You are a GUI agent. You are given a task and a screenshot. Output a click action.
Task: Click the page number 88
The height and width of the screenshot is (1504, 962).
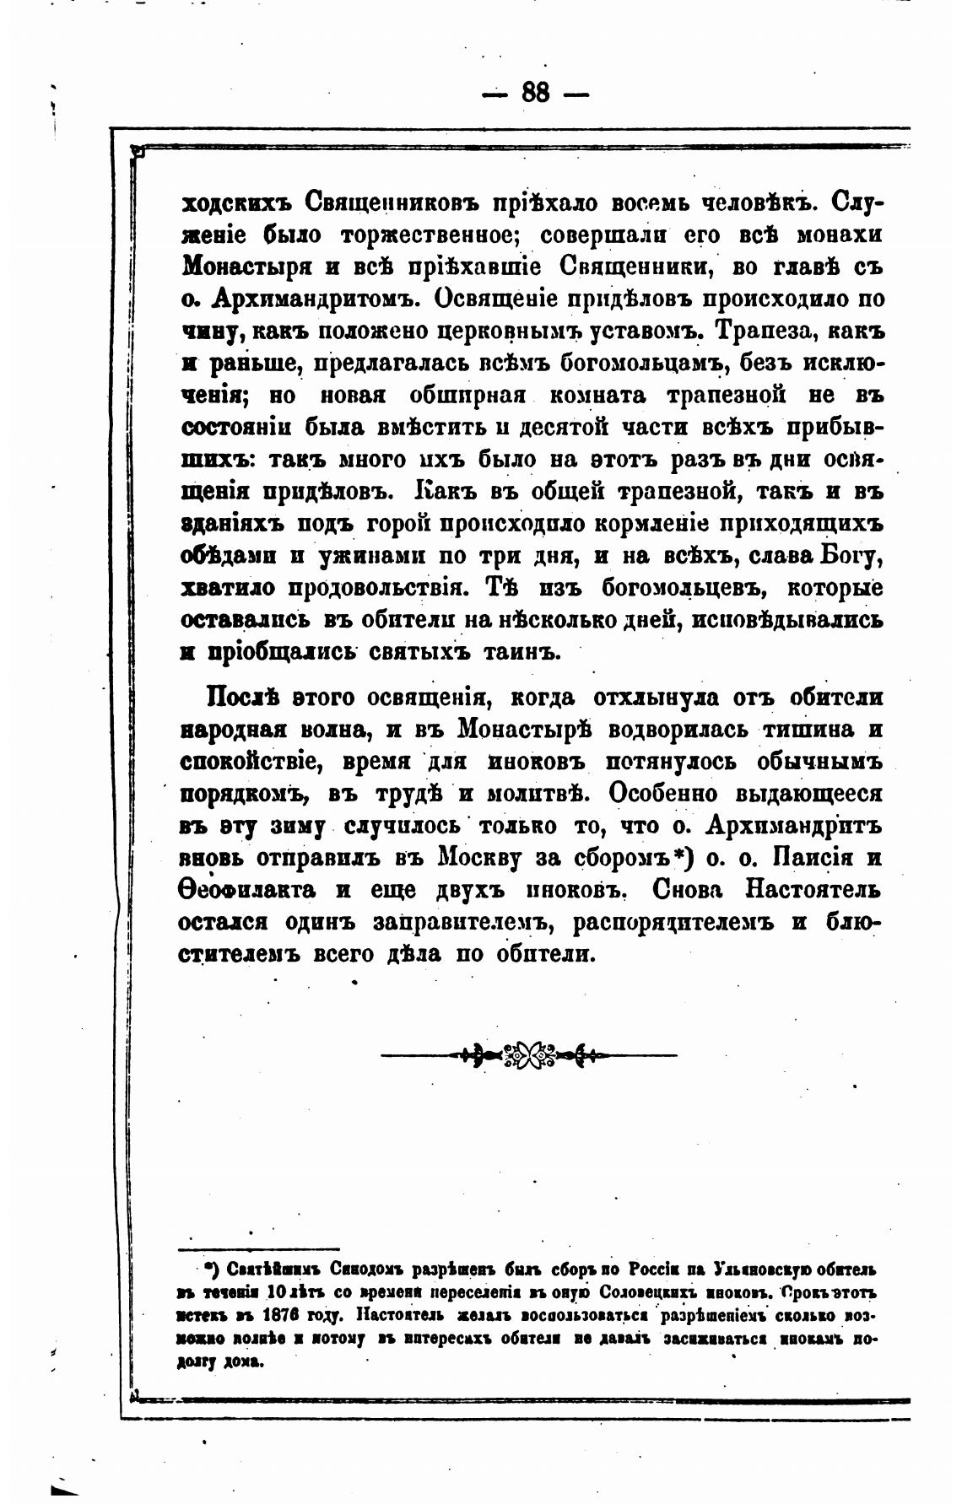coord(535,92)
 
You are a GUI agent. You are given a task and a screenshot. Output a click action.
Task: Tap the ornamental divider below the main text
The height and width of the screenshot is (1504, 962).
coord(529,1054)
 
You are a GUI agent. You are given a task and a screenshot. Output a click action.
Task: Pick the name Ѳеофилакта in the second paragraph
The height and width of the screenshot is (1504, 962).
coord(248,890)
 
